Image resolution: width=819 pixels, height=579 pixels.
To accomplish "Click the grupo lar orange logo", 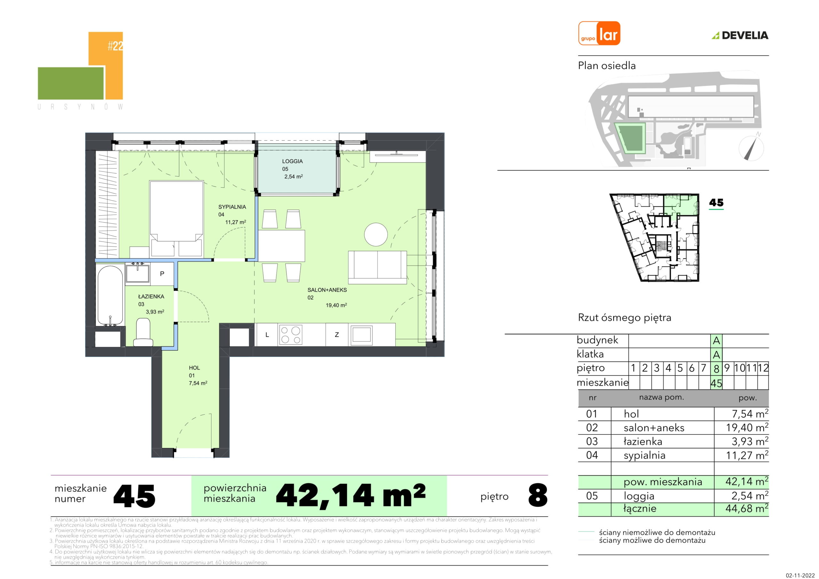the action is click(x=599, y=33).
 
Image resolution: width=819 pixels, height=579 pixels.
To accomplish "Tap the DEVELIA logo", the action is click(x=740, y=35).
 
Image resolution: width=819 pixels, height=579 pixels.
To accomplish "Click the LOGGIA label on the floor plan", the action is click(x=292, y=161).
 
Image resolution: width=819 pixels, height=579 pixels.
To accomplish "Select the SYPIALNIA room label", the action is click(x=232, y=207).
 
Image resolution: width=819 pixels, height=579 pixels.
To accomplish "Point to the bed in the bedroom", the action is click(x=177, y=219).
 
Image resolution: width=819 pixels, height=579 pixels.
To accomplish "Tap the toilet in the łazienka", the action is click(x=143, y=332).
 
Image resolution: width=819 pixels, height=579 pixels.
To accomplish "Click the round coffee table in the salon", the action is click(x=376, y=234).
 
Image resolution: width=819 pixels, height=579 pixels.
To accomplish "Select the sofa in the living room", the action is click(x=378, y=267).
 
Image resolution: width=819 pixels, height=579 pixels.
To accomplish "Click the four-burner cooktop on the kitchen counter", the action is click(x=290, y=335).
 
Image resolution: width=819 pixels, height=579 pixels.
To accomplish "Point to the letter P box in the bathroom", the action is click(x=162, y=274).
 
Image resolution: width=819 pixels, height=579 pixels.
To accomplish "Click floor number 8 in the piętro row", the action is click(x=716, y=368).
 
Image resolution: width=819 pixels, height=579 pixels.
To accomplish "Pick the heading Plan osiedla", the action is click(x=607, y=66).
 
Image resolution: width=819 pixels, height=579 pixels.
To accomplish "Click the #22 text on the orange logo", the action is click(x=115, y=46).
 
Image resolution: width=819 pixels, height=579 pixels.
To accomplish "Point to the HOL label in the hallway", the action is click(x=195, y=368).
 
